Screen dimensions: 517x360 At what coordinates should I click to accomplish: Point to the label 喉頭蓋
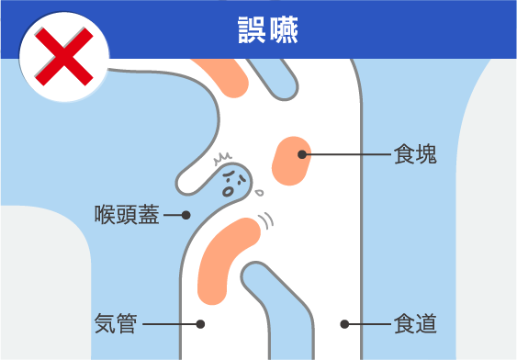coord(128,216)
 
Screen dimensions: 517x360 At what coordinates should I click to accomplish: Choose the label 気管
coord(117,323)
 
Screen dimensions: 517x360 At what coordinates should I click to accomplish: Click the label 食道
coord(415,324)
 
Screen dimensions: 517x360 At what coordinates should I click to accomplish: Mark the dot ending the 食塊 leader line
coord(300,155)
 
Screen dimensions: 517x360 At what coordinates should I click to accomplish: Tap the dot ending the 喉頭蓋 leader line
coord(185,216)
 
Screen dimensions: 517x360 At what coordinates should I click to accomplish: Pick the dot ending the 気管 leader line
coord(201,323)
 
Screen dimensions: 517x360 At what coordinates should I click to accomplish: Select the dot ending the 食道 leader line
coord(344,323)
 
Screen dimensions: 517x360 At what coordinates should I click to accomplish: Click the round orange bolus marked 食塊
coord(293,161)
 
